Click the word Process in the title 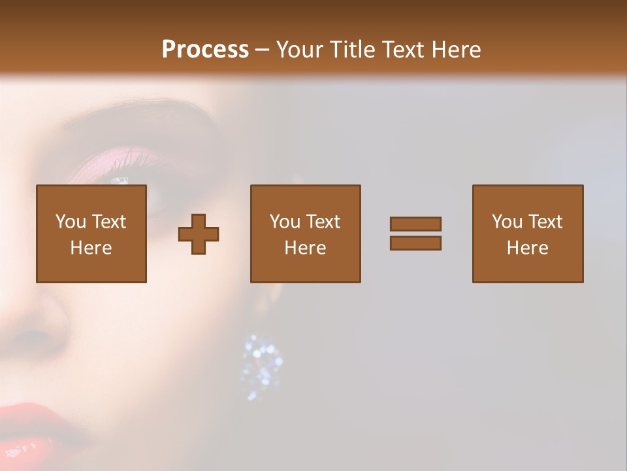205,50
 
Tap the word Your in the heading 301,50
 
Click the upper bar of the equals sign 415,224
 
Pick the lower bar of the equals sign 415,243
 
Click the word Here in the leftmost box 91,248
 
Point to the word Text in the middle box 323,222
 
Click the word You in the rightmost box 507,222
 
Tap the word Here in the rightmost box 527,248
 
